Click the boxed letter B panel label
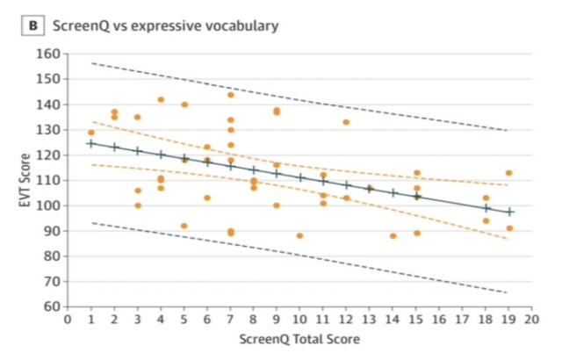tap(34, 25)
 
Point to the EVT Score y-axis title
tap(23, 179)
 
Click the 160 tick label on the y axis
tap(48, 54)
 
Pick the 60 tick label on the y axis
tap(52, 306)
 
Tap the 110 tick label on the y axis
tap(48, 180)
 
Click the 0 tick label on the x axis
tap(68, 319)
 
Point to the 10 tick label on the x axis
tap(299, 319)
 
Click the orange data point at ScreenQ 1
tap(90, 133)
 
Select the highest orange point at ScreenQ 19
tap(508, 173)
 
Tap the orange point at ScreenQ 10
tap(299, 235)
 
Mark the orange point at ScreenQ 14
tap(393, 235)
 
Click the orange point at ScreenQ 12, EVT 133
tap(346, 122)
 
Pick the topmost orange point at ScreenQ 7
tap(230, 95)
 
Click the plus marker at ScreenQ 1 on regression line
tap(90, 143)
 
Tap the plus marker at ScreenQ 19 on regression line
tap(508, 212)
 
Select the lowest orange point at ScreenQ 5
tap(184, 226)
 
